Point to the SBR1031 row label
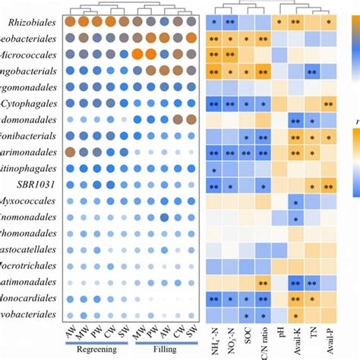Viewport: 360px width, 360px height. [36, 185]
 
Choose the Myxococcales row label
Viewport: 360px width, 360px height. [31, 201]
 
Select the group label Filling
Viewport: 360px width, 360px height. [163, 350]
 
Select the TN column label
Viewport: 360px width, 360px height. [311, 333]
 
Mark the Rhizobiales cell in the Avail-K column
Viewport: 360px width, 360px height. [295, 23]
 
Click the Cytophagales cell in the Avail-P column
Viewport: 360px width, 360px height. [328, 104]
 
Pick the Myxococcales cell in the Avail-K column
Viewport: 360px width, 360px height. [295, 201]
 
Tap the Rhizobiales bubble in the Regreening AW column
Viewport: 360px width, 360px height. [69, 22]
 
